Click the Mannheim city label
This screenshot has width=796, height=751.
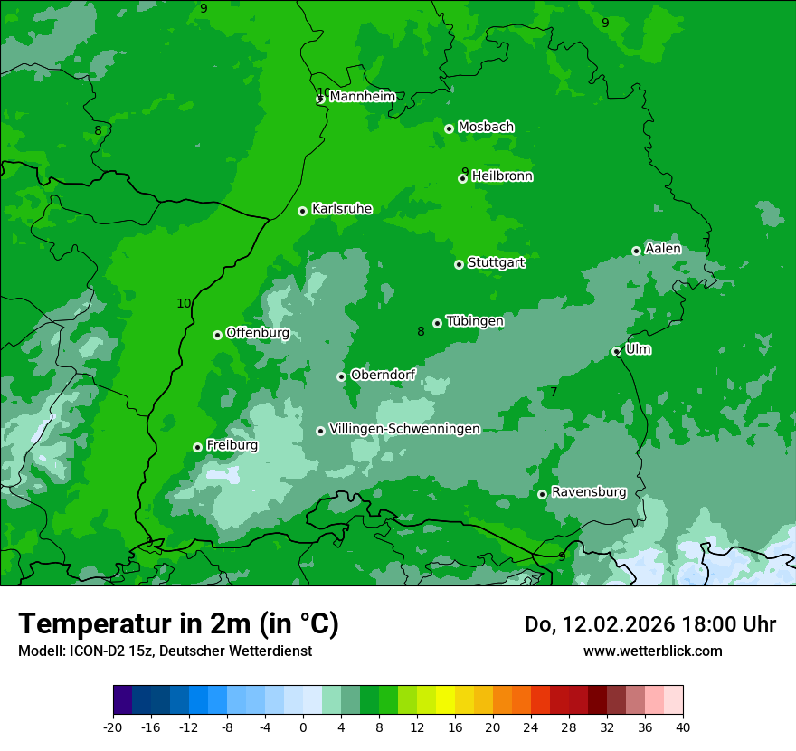tap(362, 97)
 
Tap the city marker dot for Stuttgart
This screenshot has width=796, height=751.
tap(459, 264)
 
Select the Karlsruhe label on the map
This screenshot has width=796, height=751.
tap(342, 209)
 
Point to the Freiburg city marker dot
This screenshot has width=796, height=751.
tap(197, 447)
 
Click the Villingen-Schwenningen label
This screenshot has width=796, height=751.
tap(404, 429)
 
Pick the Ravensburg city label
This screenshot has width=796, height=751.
tap(589, 492)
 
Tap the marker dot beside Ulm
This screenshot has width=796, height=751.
tap(616, 351)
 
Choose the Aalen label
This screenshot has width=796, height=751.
tap(663, 249)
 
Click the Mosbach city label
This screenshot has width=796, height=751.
tap(486, 128)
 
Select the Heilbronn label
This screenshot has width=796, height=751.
tap(502, 176)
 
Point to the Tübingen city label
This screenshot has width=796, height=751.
tap(475, 321)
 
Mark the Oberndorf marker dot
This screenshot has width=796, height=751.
tap(341, 376)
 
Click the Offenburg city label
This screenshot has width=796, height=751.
tap(258, 333)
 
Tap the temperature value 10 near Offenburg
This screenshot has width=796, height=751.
tap(184, 304)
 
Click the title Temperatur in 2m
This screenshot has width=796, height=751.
tap(178, 623)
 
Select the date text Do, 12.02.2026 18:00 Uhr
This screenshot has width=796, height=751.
tap(650, 624)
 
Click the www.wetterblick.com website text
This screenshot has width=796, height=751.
tap(652, 651)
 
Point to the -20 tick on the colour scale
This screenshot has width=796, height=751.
tap(113, 727)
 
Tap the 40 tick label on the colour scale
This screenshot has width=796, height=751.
tap(683, 727)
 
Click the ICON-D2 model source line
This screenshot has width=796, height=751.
tap(165, 651)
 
